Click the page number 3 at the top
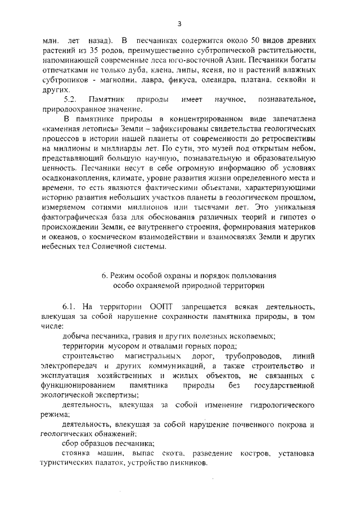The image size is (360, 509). [179, 24]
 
